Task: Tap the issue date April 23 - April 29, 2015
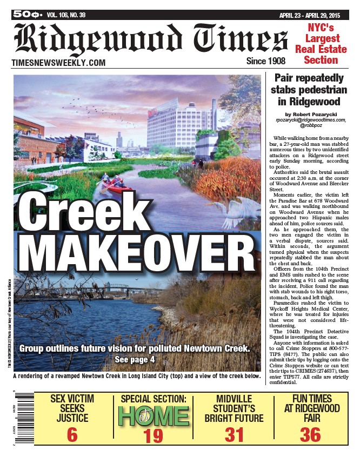tap(317, 15)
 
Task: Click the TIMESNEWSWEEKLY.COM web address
tap(58, 63)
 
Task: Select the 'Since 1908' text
tap(265, 61)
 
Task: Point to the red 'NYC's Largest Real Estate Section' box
tap(321, 43)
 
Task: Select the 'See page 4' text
tap(135, 359)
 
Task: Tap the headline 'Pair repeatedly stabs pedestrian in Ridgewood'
tap(309, 89)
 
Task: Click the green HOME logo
tap(154, 416)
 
